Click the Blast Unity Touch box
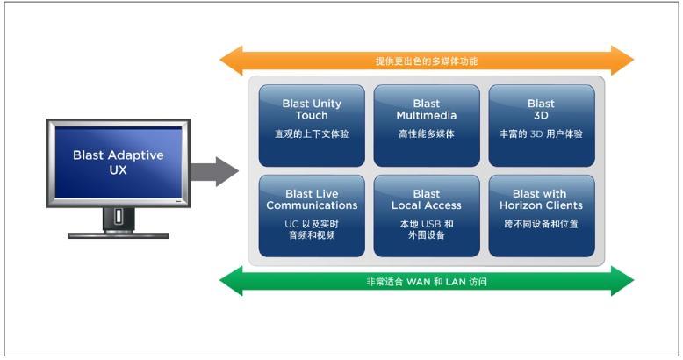[312, 125]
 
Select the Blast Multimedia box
[427, 125]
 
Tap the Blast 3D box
[542, 125]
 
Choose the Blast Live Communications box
[312, 215]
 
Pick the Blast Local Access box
[427, 215]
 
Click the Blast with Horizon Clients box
[542, 215]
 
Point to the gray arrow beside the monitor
[216, 169]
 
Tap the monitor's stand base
[119, 234]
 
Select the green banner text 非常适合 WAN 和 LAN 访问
[427, 282]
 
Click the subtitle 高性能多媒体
[427, 134]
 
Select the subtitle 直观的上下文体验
[312, 134]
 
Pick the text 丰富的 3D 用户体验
[542, 134]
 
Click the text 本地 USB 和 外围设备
[427, 230]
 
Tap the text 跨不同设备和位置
[542, 224]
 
